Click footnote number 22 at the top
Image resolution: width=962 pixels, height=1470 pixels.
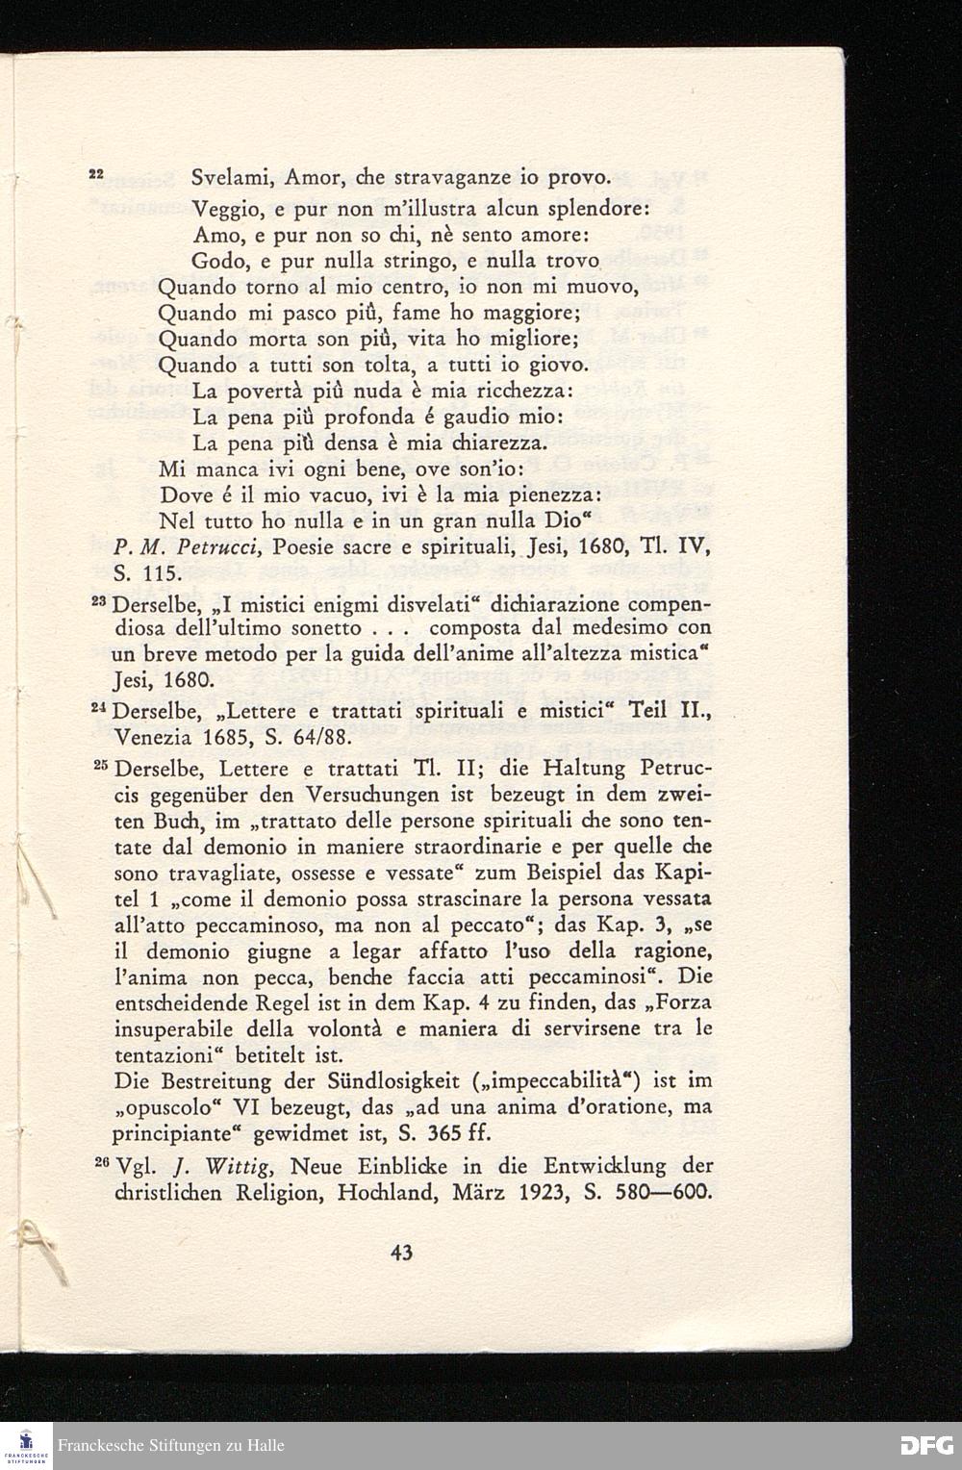pos(95,174)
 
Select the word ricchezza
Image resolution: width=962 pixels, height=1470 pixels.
pos(526,392)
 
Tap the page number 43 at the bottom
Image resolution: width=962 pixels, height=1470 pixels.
pos(402,1253)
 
